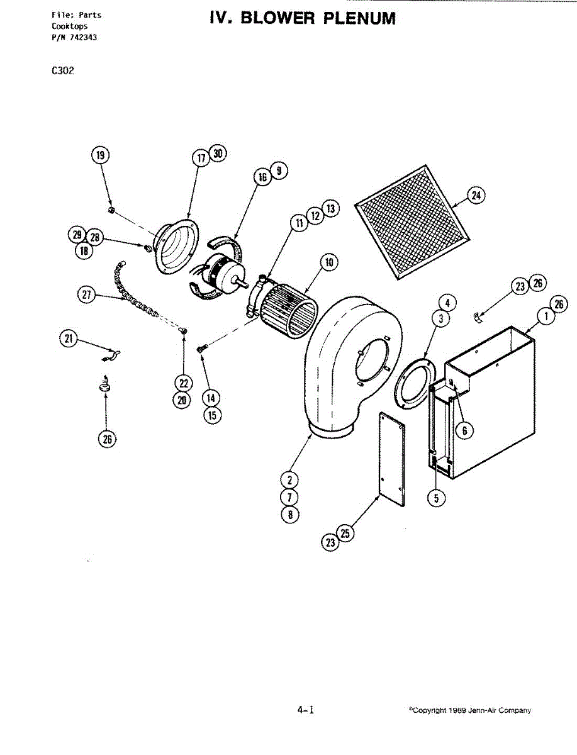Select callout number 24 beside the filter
(x=476, y=196)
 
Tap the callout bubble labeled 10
(x=328, y=262)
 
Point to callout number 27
(x=88, y=294)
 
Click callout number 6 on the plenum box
(x=464, y=430)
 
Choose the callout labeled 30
(x=218, y=154)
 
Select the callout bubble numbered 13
(x=331, y=209)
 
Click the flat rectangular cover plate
(x=392, y=459)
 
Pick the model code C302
(x=63, y=71)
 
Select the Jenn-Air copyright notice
(x=469, y=710)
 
